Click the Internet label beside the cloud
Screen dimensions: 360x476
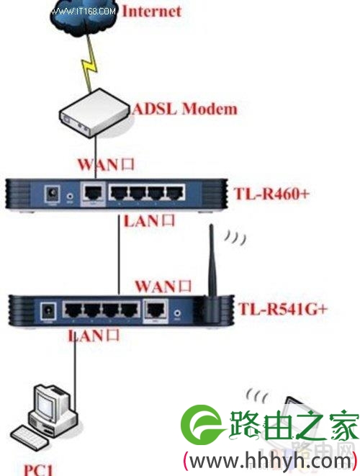tap(151, 12)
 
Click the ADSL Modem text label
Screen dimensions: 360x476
tap(185, 109)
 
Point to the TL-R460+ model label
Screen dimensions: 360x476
tap(271, 193)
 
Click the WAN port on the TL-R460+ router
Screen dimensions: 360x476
tap(93, 193)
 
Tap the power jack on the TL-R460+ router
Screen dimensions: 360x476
tap(52, 194)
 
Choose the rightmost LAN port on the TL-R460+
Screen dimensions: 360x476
tap(176, 193)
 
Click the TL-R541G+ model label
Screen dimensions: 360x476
tap(283, 309)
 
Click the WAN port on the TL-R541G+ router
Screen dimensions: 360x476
tap(156, 310)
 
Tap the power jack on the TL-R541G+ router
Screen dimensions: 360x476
tap(48, 311)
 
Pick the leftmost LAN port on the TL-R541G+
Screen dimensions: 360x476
tap(73, 310)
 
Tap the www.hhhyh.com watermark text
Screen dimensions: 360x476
tap(270, 461)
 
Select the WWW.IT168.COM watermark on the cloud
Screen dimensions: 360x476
tap(83, 12)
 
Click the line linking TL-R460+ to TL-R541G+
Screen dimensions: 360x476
tap(119, 254)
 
